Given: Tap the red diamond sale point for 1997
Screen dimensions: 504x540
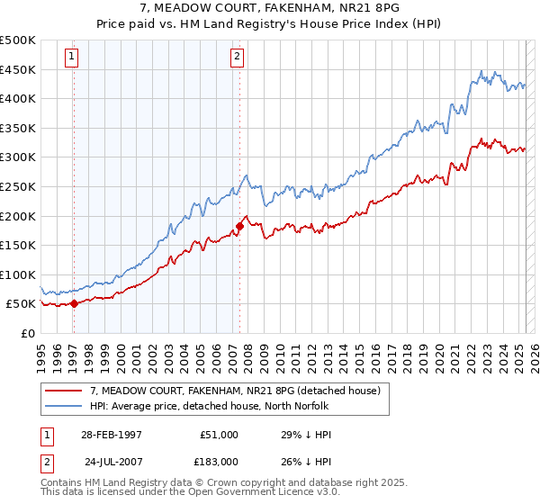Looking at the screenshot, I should pos(74,303).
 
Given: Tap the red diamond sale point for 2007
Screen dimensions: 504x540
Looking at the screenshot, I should pos(240,226).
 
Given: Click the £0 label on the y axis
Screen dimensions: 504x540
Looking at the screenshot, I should pos(29,333).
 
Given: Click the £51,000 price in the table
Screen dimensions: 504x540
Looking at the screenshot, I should pos(217,435).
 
